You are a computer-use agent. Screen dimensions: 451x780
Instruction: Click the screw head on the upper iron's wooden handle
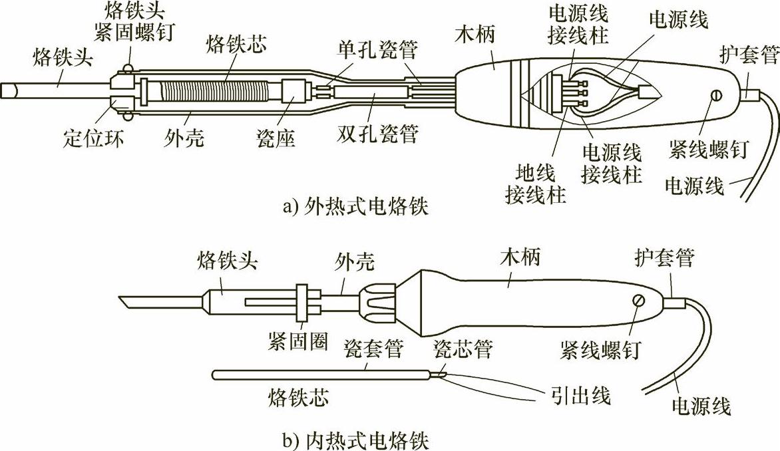point(715,96)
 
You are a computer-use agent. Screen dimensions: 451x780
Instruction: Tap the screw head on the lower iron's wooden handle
point(640,301)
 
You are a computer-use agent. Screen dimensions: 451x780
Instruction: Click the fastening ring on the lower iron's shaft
point(303,303)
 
